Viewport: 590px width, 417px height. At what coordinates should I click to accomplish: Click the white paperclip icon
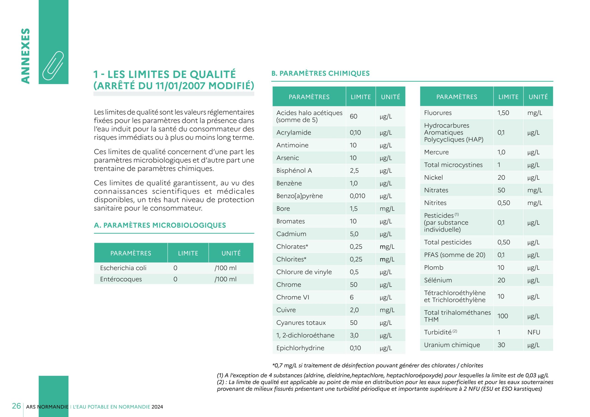click(53, 65)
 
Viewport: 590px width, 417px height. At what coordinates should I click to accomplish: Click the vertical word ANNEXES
click(25, 56)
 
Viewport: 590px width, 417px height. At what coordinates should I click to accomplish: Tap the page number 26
click(16, 406)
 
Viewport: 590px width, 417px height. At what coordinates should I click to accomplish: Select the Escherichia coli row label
click(123, 268)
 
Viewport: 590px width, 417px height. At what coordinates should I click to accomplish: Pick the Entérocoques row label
click(121, 279)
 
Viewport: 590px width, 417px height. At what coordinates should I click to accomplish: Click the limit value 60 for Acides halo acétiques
click(353, 116)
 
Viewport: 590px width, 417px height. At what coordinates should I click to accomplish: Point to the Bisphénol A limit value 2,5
click(354, 171)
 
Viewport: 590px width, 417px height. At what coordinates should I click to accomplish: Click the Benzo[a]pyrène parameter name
click(299, 196)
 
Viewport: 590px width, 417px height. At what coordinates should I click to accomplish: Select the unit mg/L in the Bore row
click(387, 209)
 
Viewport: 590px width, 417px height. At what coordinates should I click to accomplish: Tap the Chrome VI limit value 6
click(351, 297)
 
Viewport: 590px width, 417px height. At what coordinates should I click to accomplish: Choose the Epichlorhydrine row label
click(300, 348)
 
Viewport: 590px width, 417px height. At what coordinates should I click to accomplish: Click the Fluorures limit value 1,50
click(503, 113)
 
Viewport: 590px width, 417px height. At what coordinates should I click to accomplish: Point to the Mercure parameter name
click(436, 152)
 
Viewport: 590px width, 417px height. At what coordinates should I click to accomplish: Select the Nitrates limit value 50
click(501, 190)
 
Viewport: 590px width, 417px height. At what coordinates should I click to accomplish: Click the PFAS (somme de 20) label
click(454, 255)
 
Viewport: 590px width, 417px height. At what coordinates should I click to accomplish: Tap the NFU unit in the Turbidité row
click(534, 332)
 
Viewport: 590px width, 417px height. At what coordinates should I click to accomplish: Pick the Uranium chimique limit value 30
click(501, 345)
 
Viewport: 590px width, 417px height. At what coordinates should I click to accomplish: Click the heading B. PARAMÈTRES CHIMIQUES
click(320, 73)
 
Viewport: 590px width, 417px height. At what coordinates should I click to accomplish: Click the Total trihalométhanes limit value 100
click(502, 316)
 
